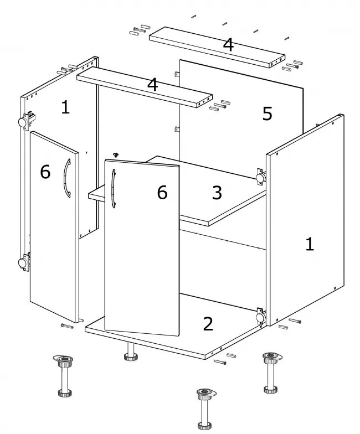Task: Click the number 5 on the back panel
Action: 267,113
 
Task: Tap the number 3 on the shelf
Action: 217,193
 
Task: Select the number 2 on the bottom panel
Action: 208,324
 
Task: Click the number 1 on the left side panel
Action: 65,107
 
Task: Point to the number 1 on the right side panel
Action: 310,244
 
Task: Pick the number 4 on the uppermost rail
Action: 228,44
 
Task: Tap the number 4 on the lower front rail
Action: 153,85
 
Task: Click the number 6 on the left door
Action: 45,172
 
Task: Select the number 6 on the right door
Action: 162,193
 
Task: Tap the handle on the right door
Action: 113,188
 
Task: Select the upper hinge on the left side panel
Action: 27,121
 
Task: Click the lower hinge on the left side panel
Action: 25,261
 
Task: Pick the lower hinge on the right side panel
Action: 260,317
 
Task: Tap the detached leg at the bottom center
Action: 205,409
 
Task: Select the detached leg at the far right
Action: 271,372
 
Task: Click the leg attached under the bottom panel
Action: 130,352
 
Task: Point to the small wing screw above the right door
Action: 116,154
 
